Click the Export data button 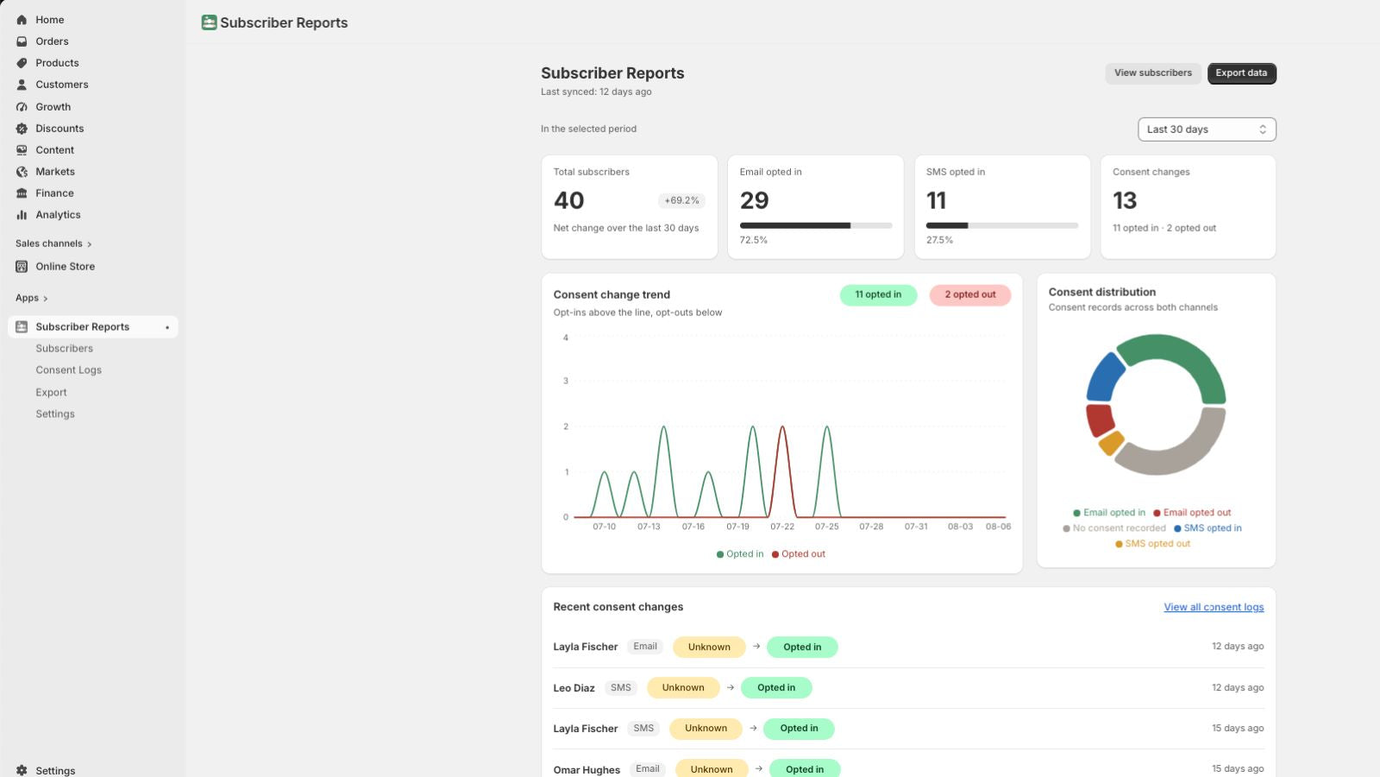(x=1241, y=73)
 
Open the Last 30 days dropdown (x=1207, y=129)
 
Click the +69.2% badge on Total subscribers (x=681, y=200)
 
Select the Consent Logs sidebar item (x=68, y=370)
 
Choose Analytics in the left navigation (x=58, y=215)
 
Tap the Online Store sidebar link (x=65, y=267)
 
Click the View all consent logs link (x=1214, y=607)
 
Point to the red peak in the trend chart (x=782, y=426)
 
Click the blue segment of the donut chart (x=1104, y=377)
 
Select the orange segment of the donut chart (x=1112, y=443)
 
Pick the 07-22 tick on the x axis (x=782, y=527)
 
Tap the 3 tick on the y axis (x=566, y=381)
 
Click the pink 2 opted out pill (x=969, y=294)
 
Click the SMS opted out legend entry (x=1152, y=544)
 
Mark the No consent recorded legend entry (x=1113, y=528)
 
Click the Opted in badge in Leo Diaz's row (x=776, y=687)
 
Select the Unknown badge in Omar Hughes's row (x=712, y=769)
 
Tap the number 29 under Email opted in (x=754, y=200)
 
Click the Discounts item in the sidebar (x=60, y=129)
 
